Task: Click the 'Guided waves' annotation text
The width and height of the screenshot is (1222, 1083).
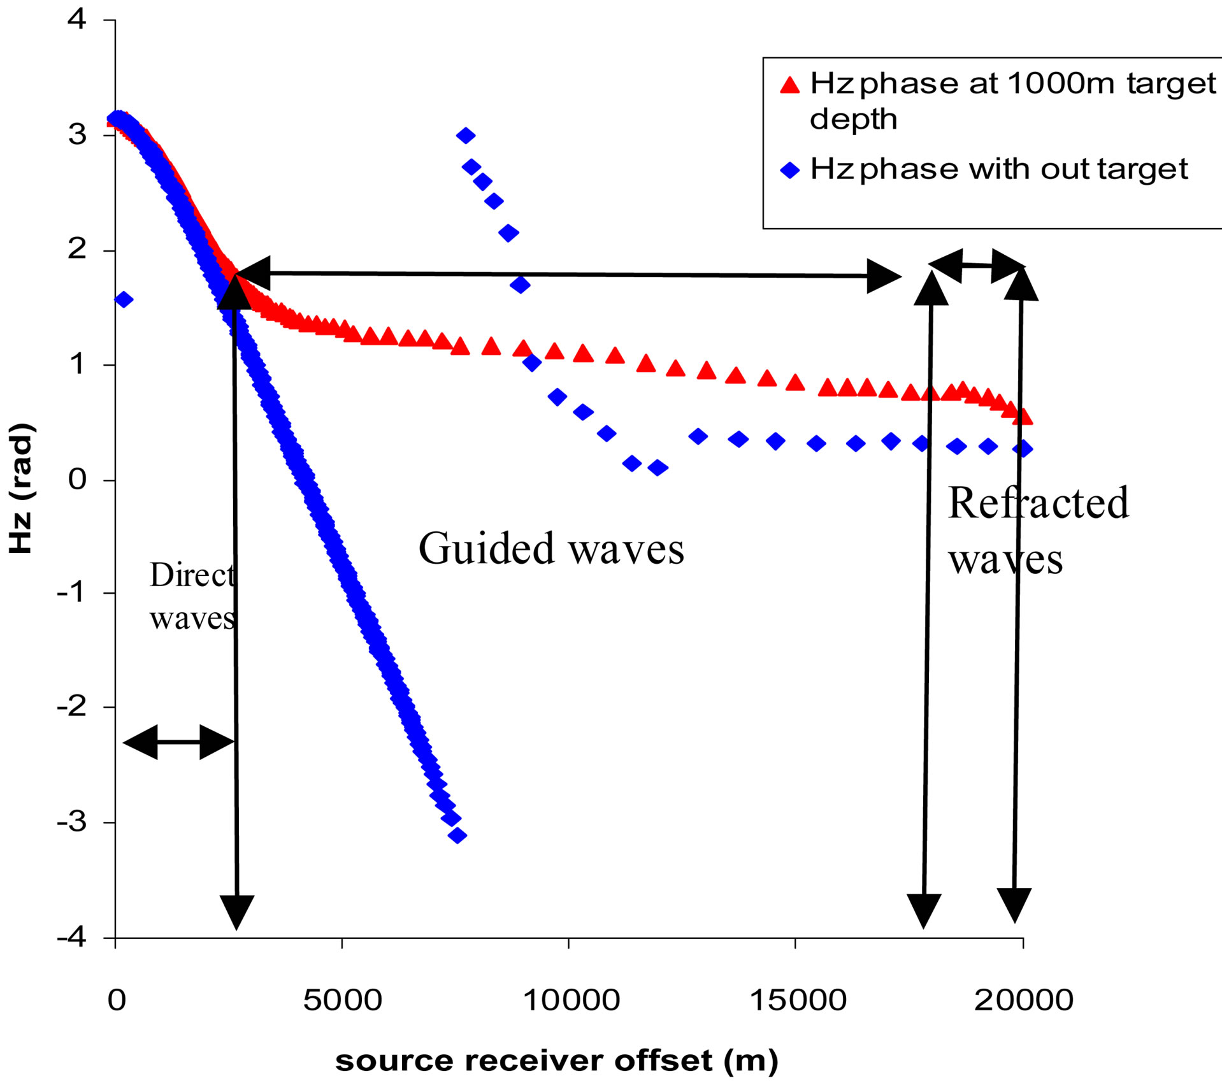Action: [x=551, y=549]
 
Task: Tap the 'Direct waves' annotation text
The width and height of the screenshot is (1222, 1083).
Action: [x=192, y=596]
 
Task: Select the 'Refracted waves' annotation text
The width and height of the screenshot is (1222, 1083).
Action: [x=1038, y=530]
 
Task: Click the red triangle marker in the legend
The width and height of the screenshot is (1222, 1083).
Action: [x=790, y=85]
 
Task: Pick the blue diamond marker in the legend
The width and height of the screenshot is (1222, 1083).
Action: [x=790, y=171]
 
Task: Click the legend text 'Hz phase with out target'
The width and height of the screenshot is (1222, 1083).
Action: [x=999, y=169]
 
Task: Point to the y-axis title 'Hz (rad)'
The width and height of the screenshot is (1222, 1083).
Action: [x=21, y=488]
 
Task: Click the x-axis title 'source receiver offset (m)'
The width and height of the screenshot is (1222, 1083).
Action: [x=557, y=1061]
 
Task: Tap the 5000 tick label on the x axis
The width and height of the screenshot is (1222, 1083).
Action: [x=342, y=1001]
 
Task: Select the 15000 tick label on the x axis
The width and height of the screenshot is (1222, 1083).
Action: [x=798, y=1001]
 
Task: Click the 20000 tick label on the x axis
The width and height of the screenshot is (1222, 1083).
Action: [x=1023, y=1001]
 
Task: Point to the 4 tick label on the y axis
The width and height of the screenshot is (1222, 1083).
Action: [x=77, y=20]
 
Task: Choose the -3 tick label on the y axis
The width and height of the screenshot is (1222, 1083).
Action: [x=71, y=822]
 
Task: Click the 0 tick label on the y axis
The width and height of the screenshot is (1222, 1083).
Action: [x=77, y=479]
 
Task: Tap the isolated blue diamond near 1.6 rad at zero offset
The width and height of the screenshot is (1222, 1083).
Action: [x=124, y=299]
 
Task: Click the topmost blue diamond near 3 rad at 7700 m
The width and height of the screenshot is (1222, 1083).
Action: [x=466, y=135]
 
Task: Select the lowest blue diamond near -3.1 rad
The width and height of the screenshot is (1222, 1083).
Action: [x=457, y=835]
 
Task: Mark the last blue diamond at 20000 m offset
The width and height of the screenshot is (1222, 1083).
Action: [x=1023, y=448]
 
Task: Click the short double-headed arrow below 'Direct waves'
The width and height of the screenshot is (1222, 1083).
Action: [x=179, y=742]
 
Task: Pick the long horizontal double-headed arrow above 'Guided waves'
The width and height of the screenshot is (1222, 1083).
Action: [x=567, y=275]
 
